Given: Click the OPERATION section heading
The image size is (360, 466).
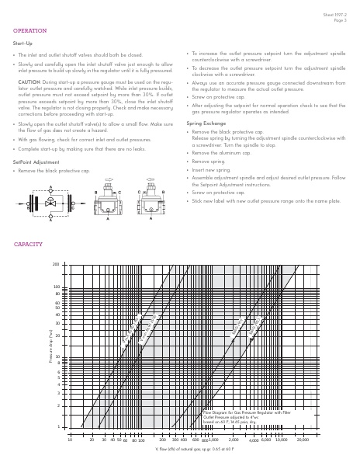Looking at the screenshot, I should coord(30,31).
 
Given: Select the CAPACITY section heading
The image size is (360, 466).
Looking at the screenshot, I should coord(28,245).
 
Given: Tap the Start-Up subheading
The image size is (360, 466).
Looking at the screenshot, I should coord(22,43).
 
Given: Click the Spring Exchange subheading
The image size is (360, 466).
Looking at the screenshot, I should coord(206,123).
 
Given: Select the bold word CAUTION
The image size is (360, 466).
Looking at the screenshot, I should coord(29,81).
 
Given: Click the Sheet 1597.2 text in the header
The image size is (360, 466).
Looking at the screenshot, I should coord(334,15).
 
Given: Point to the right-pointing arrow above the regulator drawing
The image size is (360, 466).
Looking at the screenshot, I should coord(108,179).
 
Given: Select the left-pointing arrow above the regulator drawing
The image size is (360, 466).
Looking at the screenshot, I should coord(151,179).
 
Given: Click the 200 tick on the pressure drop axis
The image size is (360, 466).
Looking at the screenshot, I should coord(56,265).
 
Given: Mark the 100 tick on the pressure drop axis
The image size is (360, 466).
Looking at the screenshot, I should coord(56,287).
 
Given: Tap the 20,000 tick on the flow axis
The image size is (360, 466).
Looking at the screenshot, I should coord(303,440).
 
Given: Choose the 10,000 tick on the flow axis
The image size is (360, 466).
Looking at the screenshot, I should coord(281,440).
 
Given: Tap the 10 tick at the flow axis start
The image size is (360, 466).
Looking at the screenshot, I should coord(69,440).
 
